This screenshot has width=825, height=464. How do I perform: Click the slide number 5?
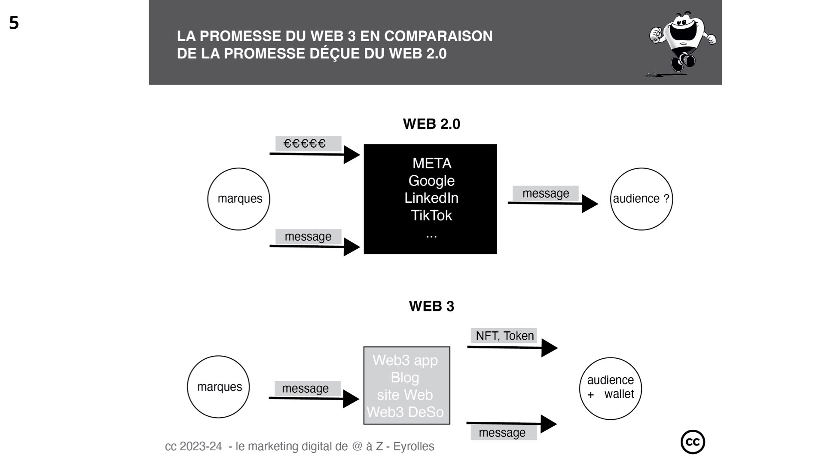tap(14, 23)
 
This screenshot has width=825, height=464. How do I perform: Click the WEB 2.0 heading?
tap(431, 124)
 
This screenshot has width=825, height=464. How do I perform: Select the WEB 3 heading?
tap(431, 306)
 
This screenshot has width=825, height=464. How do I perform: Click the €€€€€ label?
tap(305, 143)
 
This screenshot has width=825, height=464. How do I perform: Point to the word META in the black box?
tap(432, 163)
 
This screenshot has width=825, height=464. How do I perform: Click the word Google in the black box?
tap(431, 181)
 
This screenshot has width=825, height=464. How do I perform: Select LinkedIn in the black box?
tap(431, 198)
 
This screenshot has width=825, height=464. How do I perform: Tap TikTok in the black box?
tap(431, 215)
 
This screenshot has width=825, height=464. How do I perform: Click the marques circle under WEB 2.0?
tap(238, 199)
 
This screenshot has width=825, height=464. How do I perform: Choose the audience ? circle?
tap(641, 199)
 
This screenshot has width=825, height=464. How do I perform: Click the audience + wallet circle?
tap(610, 388)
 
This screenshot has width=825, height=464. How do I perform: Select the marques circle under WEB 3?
tap(218, 387)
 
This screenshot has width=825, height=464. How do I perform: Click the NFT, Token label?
tap(504, 336)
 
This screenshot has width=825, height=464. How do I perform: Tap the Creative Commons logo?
tap(693, 442)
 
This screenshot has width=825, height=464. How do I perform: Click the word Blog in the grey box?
tap(405, 378)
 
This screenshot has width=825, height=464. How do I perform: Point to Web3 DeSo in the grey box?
tap(405, 412)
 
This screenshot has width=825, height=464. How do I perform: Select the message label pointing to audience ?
tap(546, 193)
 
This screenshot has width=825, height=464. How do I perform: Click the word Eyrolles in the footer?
tap(414, 446)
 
